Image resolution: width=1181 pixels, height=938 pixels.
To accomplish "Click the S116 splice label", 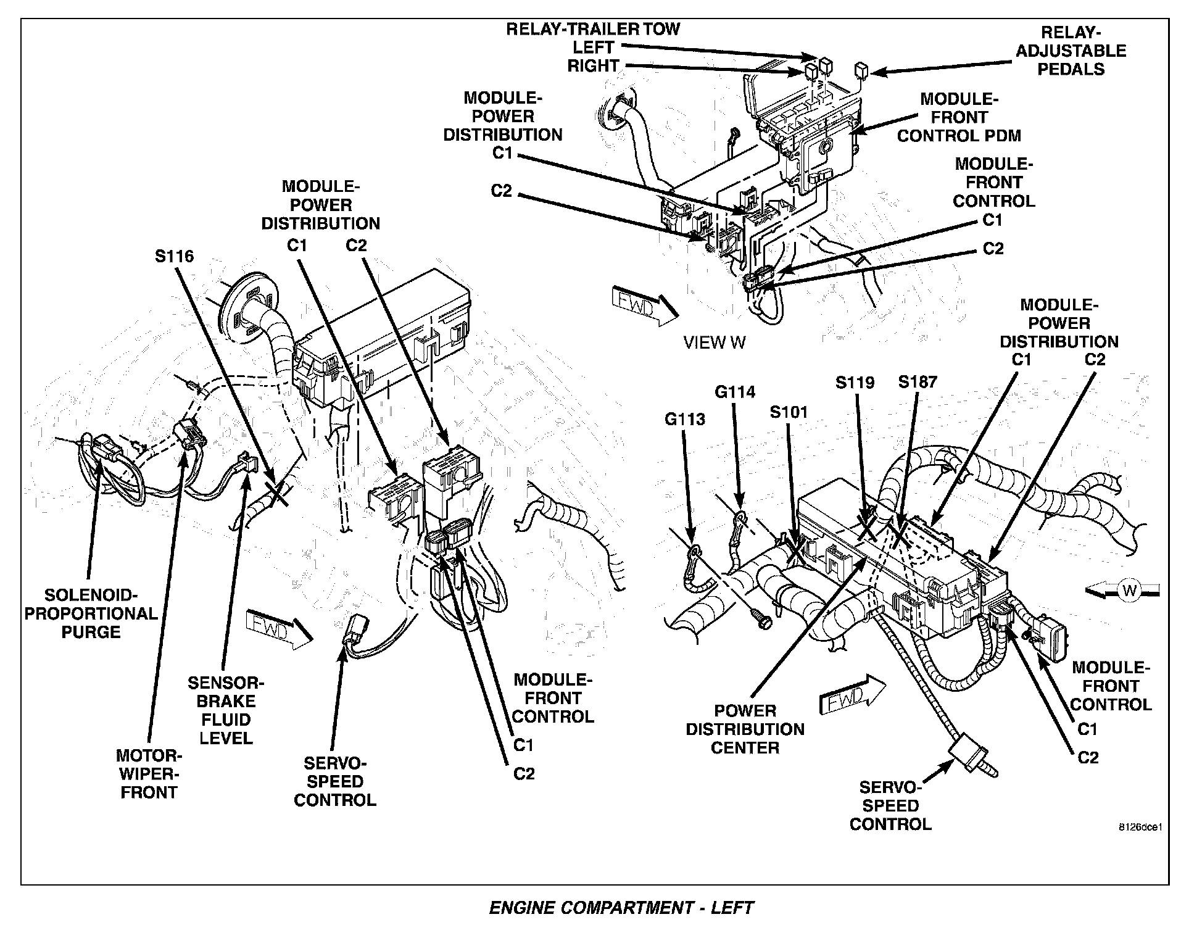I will point(174,256).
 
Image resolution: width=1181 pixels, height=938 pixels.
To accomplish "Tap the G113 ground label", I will point(684,420).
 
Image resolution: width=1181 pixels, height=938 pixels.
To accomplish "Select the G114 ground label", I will point(735,392).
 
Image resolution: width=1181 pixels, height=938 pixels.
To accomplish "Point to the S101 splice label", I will point(789,412).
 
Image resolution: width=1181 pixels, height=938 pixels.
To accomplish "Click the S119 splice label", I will point(855,383).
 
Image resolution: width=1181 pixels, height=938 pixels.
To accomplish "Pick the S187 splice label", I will point(918,382).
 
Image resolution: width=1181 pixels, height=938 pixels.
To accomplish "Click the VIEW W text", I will point(715,343).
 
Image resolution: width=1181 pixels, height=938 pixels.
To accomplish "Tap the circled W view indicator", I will point(1130,591).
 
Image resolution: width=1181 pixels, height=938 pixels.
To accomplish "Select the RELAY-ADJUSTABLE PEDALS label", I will point(1071,51).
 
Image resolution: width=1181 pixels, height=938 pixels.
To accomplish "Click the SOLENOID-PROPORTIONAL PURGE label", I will point(91,613).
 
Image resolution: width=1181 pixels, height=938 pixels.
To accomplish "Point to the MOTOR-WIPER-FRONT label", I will point(149,774).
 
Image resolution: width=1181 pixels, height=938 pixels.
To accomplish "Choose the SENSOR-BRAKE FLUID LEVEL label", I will point(226,710).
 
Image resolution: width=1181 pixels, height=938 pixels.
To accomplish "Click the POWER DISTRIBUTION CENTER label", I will point(745,729).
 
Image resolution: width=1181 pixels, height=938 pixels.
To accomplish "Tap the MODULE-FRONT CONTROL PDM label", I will point(959,117).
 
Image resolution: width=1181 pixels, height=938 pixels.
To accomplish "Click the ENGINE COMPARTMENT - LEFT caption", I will point(621,908).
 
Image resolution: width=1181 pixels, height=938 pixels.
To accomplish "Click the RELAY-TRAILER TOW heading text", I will point(592,30).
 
